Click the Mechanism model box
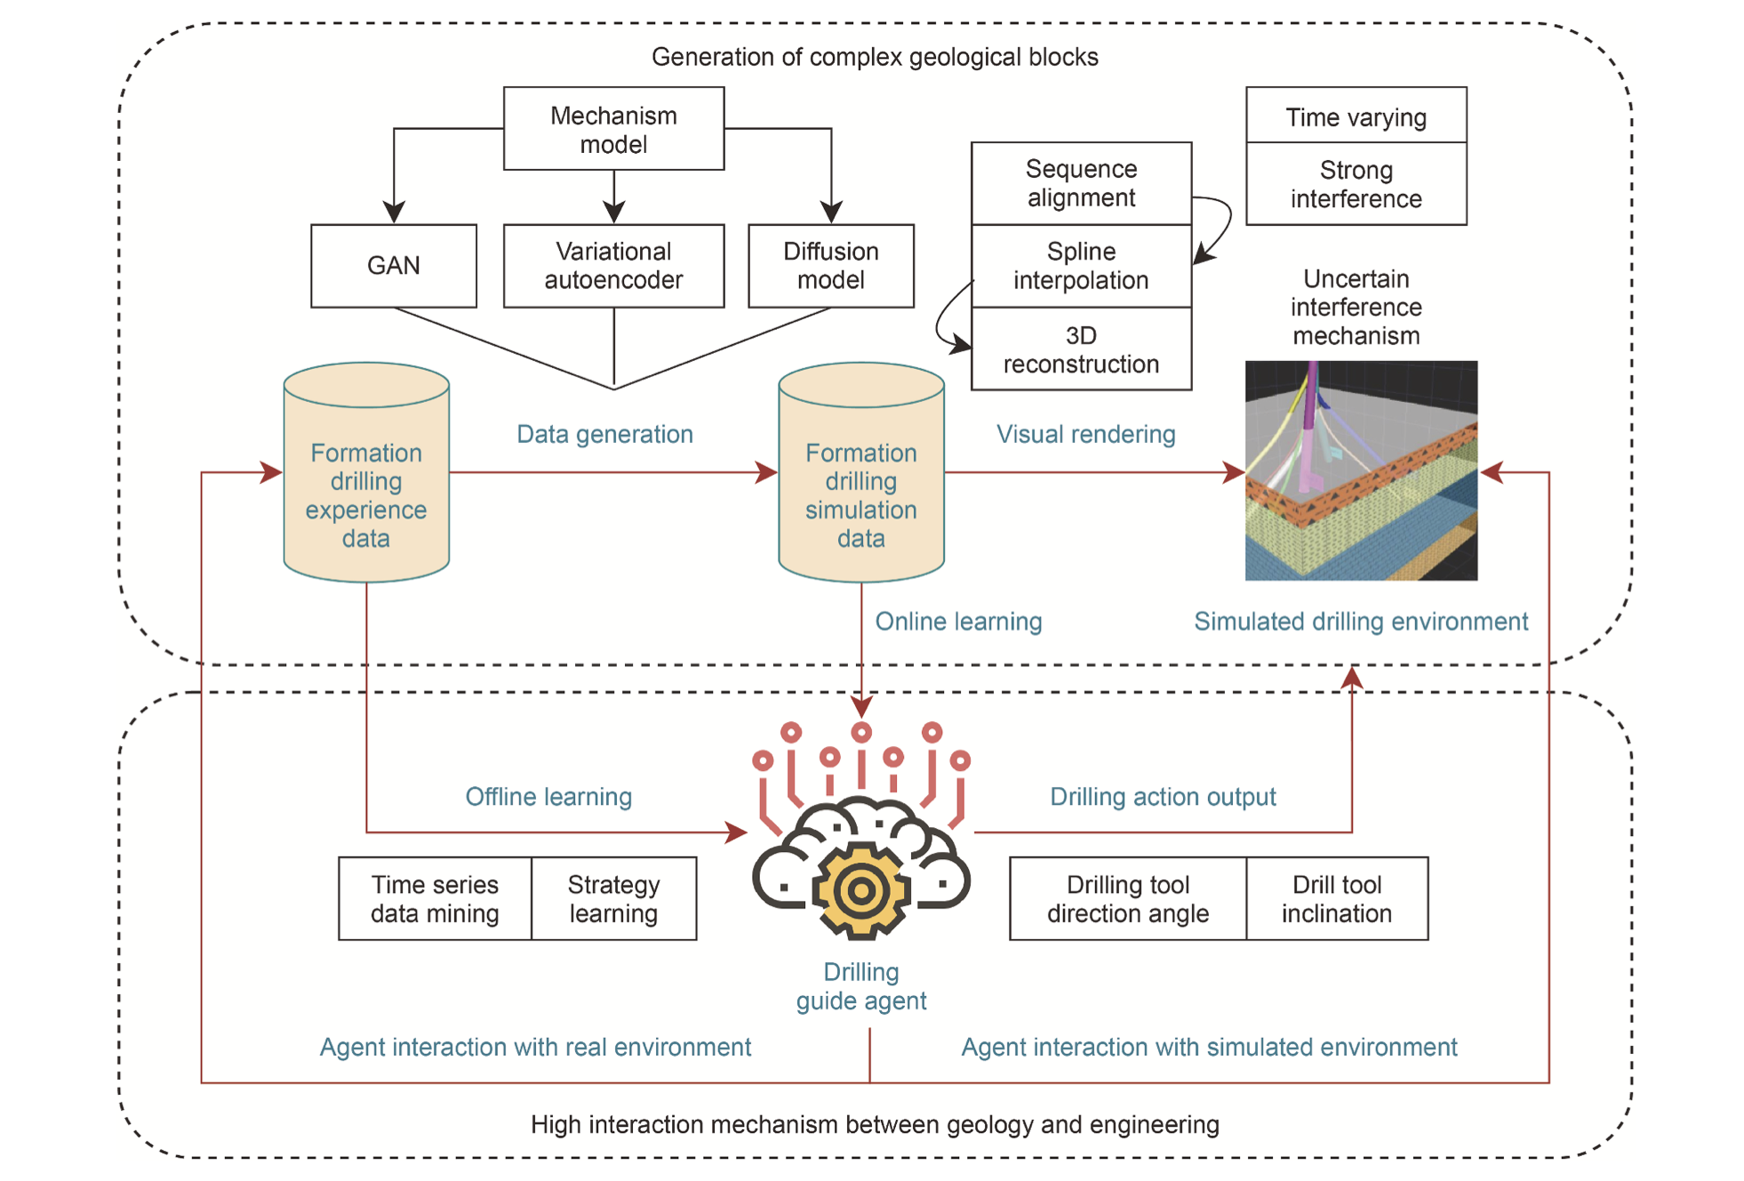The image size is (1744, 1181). [613, 129]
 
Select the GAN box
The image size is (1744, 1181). [393, 265]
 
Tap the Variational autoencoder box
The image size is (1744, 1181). [613, 265]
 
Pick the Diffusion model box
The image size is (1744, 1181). [830, 265]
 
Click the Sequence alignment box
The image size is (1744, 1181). [1081, 183]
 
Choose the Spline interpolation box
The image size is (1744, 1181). [1081, 266]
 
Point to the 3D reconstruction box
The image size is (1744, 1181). [1081, 349]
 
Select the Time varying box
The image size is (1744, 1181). [1356, 116]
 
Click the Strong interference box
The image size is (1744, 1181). [1356, 184]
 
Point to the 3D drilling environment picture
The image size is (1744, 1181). [1361, 470]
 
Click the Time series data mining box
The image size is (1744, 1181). [435, 898]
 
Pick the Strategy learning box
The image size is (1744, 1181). [613, 898]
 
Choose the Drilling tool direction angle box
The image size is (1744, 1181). [1127, 898]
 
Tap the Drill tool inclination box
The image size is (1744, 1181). [1337, 898]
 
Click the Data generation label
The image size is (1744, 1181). [604, 434]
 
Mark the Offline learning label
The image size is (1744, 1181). [548, 796]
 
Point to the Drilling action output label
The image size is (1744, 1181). [1163, 796]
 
